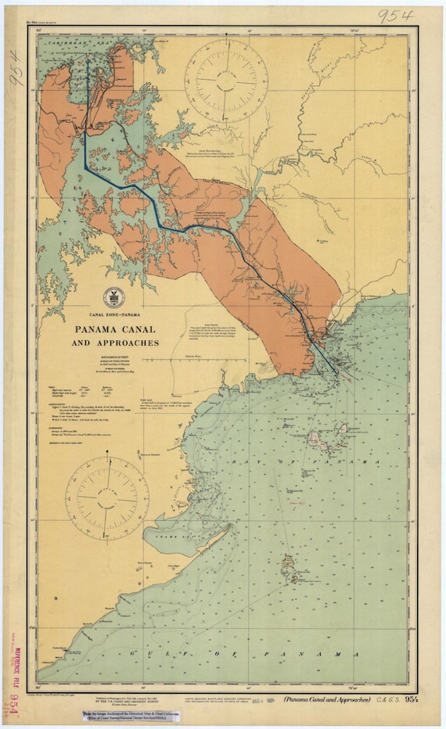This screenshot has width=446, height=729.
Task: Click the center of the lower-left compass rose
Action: pyautogui.click(x=107, y=497)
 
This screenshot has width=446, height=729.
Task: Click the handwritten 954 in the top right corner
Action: pyautogui.click(x=396, y=16)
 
